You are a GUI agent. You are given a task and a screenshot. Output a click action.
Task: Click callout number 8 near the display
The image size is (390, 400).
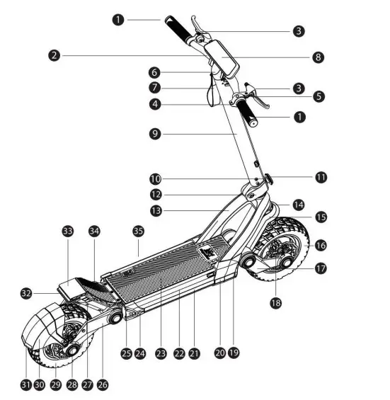pyautogui.click(x=319, y=57)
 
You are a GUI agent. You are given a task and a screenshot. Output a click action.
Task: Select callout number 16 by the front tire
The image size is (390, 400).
pyautogui.click(x=321, y=245)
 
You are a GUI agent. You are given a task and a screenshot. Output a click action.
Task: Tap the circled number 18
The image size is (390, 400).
pyautogui.click(x=275, y=302)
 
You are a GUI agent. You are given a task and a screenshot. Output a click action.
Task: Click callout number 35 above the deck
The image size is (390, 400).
pyautogui.click(x=138, y=232)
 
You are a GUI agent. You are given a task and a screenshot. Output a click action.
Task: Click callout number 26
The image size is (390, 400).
pyautogui.click(x=103, y=384)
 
